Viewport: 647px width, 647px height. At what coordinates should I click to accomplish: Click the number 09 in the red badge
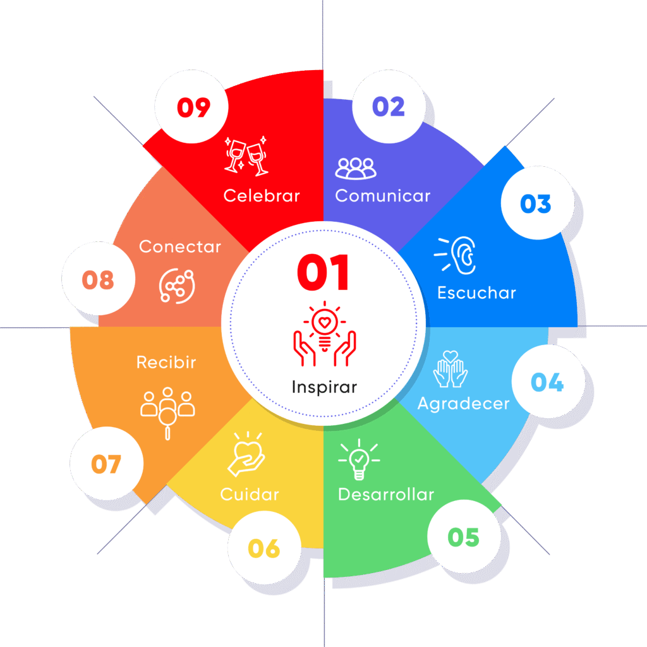coord(193,107)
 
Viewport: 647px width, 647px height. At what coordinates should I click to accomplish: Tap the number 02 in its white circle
coord(389,106)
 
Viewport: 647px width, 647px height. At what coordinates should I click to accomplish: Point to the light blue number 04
coord(547,382)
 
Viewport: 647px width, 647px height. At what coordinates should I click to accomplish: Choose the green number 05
coord(463,537)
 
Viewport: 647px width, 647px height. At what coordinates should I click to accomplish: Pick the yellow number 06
coord(264,548)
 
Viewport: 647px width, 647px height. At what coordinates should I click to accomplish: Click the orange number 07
coord(106,464)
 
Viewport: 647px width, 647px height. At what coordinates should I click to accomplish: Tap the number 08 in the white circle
coord(98,280)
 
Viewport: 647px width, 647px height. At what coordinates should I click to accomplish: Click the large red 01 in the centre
coord(323,272)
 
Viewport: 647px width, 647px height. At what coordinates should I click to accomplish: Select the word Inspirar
coord(324,387)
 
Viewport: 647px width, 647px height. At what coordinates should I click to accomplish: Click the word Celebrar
coord(262,196)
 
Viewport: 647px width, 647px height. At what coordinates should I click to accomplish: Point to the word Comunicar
coord(382,196)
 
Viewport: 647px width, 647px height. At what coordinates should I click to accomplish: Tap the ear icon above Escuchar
coord(456,255)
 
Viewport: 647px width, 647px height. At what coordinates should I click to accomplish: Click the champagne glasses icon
coord(246,156)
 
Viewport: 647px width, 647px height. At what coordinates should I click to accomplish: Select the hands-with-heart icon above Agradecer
coord(450,369)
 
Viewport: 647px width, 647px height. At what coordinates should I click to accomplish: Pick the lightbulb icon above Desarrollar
coord(359,459)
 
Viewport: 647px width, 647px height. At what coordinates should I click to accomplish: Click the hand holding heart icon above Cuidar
coord(247,454)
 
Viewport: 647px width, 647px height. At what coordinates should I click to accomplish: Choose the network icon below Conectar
coord(177,286)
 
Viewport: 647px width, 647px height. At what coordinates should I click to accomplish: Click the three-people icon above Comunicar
coord(356,168)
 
